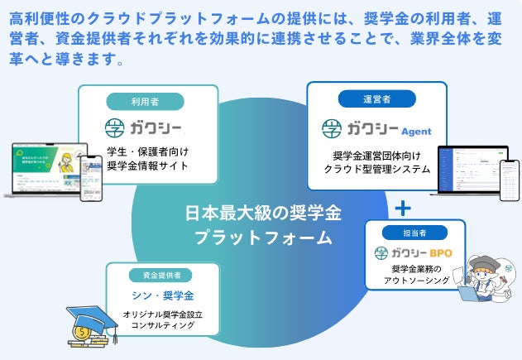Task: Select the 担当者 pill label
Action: point(409,233)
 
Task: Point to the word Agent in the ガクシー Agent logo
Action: point(416,132)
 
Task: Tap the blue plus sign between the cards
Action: point(403,206)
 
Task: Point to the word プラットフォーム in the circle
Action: point(263,238)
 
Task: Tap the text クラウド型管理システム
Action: point(376,169)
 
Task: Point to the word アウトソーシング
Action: point(416,281)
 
